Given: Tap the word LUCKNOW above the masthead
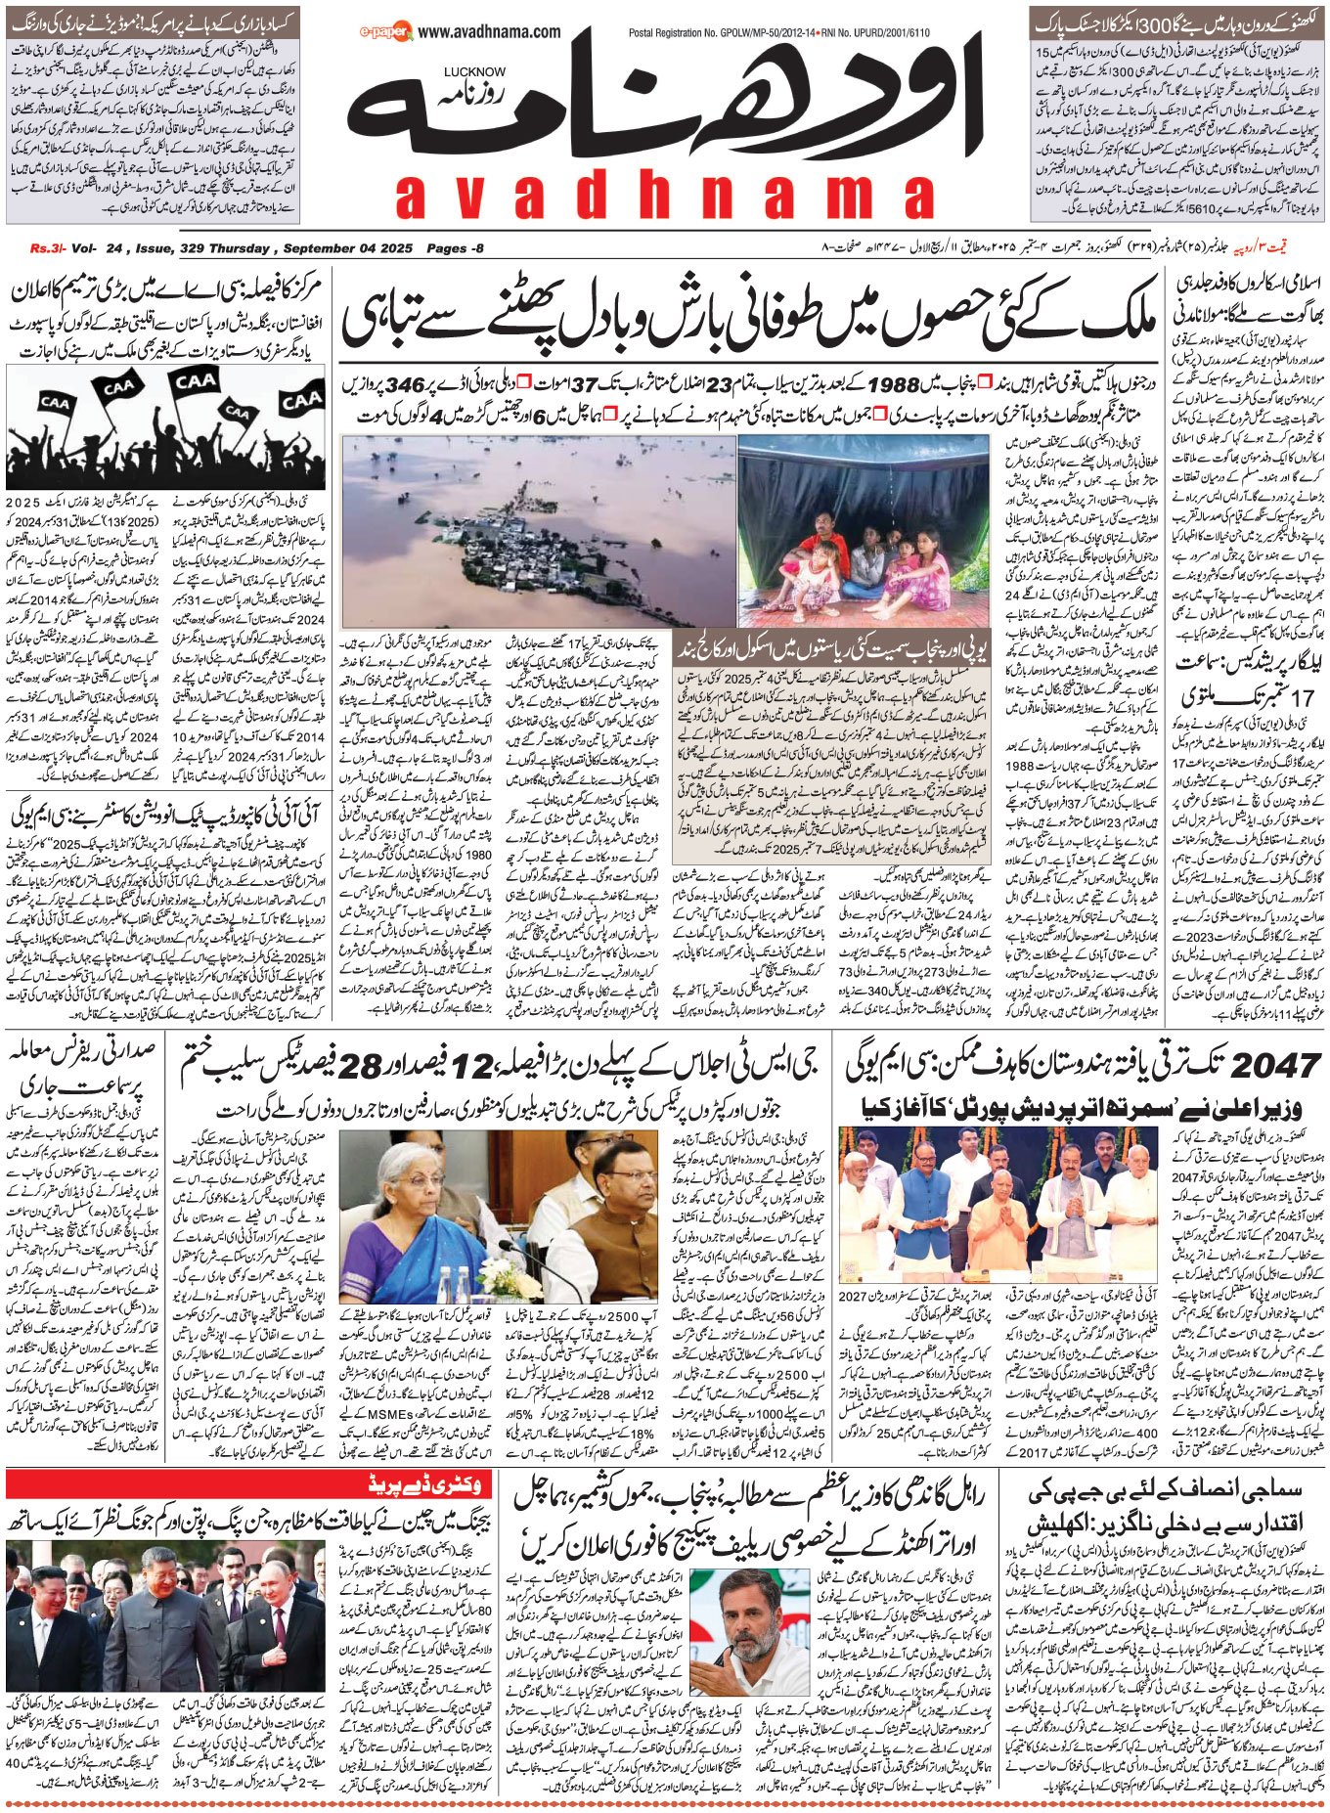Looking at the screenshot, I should [474, 71].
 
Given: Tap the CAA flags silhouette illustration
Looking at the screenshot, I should [167, 426].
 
